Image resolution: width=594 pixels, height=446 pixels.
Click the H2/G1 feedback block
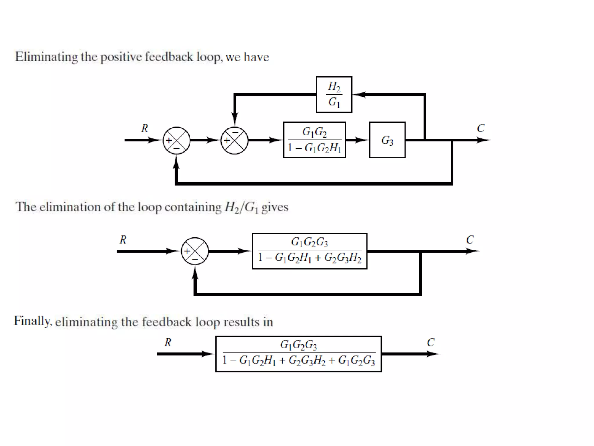pos(334,94)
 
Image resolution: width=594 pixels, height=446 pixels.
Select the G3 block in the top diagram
pos(387,140)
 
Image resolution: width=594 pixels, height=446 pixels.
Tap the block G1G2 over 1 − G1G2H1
pos(314,140)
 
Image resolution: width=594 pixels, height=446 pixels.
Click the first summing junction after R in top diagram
pos(176,141)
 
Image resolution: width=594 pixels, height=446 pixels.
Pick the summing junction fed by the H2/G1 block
pos(234,141)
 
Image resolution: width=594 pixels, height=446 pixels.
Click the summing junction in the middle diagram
pos(195,251)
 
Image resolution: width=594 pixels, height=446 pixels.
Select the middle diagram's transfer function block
pos(309,251)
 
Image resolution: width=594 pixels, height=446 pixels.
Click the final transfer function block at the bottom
pos(298,354)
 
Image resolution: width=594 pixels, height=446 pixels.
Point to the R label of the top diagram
pos(144,128)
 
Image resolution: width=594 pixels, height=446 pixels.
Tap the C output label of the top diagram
pos(481,128)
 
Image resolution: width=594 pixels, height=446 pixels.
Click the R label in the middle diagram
pos(123,240)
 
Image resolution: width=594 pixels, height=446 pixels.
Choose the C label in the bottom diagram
pos(431,343)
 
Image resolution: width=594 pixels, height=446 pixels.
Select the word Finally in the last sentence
pos(32,321)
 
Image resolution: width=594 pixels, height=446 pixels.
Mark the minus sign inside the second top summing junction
pos(235,132)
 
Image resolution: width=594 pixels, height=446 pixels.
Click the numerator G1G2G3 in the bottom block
pos(298,345)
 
